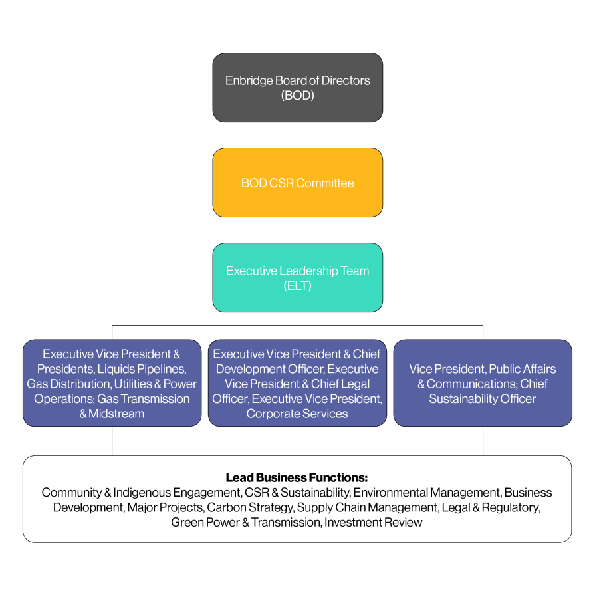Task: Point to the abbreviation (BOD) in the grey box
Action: [297, 95]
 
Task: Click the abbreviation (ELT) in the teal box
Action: [297, 286]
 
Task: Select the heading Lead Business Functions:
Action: [297, 477]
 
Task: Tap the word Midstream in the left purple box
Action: [116, 414]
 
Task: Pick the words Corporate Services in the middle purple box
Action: [297, 414]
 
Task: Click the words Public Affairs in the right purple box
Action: [522, 369]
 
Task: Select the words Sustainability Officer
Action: [482, 399]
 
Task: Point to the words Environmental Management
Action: [426, 493]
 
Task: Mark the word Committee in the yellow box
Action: [325, 183]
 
